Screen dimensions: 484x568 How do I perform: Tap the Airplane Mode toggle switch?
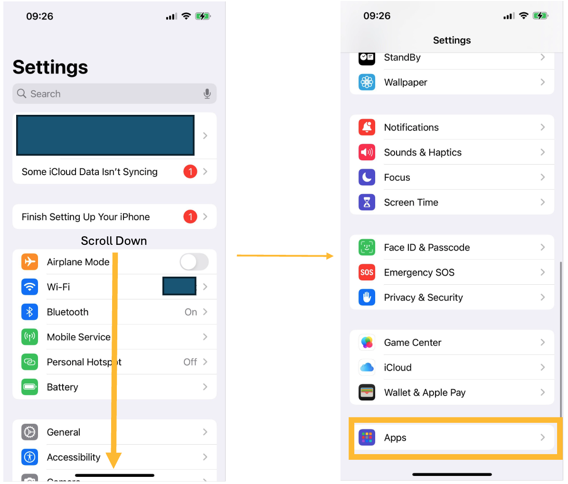tap(194, 262)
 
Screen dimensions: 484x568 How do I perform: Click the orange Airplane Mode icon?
tap(29, 261)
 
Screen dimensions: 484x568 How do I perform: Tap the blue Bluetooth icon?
tap(29, 312)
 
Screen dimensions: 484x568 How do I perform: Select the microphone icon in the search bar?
tap(207, 94)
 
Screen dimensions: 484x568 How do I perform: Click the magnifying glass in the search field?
tap(21, 93)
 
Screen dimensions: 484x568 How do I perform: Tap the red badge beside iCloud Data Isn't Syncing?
tap(190, 172)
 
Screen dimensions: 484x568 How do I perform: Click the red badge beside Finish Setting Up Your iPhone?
tap(190, 217)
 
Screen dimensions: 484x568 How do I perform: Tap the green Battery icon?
tap(29, 387)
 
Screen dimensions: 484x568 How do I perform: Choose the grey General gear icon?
tap(29, 432)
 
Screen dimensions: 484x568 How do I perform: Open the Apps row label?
tap(395, 437)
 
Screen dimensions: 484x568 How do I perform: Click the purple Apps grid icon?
tap(367, 437)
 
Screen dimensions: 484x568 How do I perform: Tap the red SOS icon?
tap(367, 272)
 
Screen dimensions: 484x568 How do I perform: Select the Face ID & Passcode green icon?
tap(367, 247)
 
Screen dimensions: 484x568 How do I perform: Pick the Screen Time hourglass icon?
tap(367, 202)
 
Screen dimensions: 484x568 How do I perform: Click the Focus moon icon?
tap(367, 177)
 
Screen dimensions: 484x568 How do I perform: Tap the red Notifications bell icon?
tap(367, 127)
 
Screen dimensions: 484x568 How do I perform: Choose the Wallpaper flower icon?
tap(367, 82)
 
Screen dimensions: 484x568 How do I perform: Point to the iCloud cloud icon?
tap(367, 367)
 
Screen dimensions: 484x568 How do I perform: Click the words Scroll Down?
tap(114, 241)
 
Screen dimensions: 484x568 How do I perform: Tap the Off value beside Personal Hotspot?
tap(190, 362)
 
